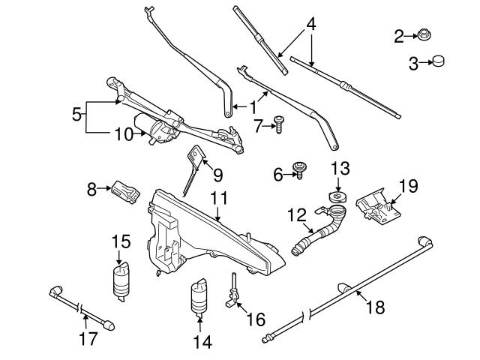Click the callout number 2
pyautogui.click(x=399, y=34)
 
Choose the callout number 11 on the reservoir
pyautogui.click(x=218, y=199)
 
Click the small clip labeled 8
pyautogui.click(x=126, y=193)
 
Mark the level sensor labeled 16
pyautogui.click(x=235, y=291)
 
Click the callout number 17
pyautogui.click(x=88, y=339)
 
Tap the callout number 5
pyautogui.click(x=76, y=115)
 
